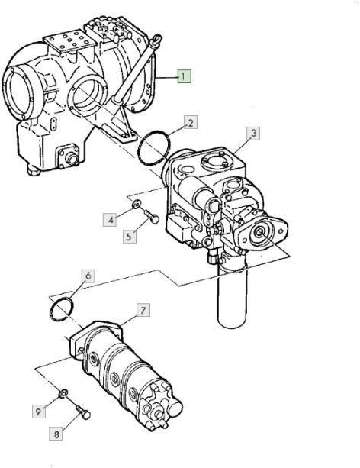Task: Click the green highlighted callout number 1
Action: (185, 76)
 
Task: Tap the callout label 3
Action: (255, 133)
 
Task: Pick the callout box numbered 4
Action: (111, 220)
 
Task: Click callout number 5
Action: (130, 235)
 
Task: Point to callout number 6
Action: (88, 276)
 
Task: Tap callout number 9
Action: (36, 412)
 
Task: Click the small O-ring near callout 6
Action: (62, 308)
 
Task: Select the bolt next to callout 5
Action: (150, 221)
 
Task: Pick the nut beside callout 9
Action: (63, 394)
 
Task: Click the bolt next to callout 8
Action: (83, 415)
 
